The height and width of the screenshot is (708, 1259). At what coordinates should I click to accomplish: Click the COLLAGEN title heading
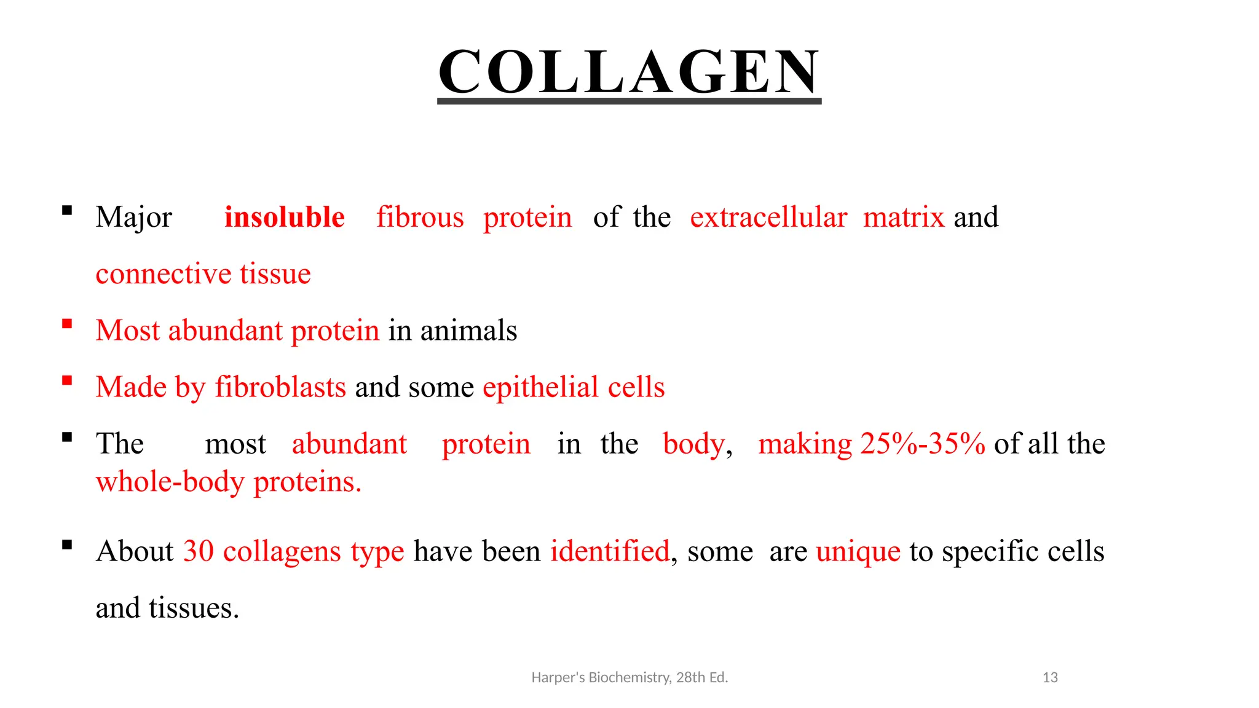point(629,72)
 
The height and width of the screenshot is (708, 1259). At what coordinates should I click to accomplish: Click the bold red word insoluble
point(284,218)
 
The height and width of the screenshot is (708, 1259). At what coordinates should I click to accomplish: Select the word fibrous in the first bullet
point(420,218)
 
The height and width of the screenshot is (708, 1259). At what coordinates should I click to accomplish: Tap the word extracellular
point(768,218)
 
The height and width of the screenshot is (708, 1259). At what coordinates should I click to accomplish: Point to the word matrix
point(903,218)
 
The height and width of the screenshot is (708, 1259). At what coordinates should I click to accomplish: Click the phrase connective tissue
point(203,274)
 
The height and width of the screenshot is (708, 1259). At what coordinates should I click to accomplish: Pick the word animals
point(468,331)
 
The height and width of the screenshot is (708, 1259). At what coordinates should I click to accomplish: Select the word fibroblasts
point(280,387)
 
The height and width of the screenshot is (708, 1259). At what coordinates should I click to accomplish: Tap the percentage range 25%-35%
point(922,444)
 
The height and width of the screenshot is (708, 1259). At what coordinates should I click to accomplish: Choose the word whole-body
point(170,482)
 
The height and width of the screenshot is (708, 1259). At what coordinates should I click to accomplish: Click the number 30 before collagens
point(198,551)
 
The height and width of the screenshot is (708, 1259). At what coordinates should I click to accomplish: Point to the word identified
point(609,551)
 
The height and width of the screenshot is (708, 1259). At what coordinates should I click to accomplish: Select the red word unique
point(858,551)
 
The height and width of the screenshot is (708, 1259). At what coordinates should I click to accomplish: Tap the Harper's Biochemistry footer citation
point(629,678)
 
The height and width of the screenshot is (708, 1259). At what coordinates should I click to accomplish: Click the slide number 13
point(1050,678)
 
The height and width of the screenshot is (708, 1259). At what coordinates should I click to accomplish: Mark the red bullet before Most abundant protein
point(67,323)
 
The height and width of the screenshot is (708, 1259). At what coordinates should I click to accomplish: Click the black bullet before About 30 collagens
point(67,545)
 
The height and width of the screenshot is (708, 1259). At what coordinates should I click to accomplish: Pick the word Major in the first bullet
point(133,218)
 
